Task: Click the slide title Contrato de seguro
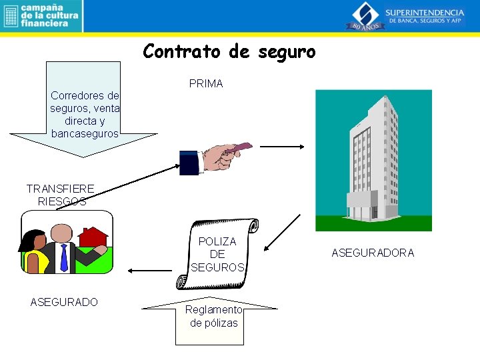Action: [229, 51]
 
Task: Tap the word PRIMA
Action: [206, 84]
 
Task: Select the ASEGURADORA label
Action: [373, 253]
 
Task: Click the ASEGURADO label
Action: [64, 302]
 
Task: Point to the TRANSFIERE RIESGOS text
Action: [60, 195]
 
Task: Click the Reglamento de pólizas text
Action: [214, 316]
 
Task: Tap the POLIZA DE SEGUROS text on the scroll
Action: [217, 254]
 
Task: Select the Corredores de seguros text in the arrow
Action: [85, 114]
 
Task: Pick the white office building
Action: [373, 160]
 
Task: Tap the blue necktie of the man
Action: [64, 257]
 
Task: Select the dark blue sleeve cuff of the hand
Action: [190, 162]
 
